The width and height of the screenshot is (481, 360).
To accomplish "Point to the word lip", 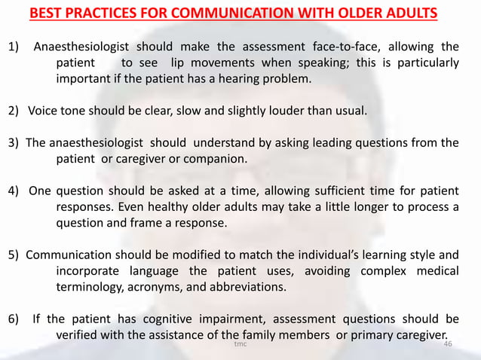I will tap(181, 64).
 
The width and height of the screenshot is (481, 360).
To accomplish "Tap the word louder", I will tap(283, 111).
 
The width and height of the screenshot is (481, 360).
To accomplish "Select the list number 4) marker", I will tap(14, 191).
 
